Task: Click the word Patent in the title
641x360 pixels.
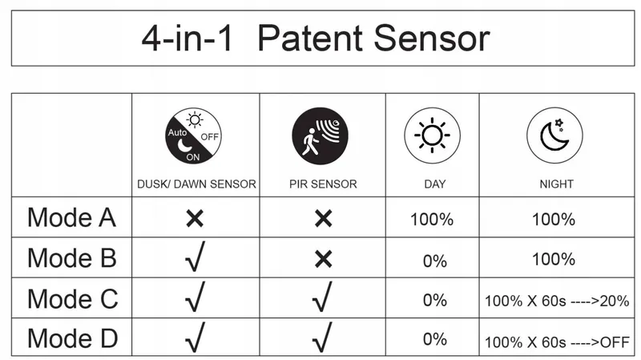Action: click(310, 38)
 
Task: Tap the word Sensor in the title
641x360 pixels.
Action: click(432, 38)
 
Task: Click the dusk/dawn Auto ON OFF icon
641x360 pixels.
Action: click(193, 136)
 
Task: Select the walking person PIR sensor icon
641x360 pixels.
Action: click(320, 136)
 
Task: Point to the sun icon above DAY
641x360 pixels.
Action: click(432, 136)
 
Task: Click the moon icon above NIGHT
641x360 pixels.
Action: click(554, 136)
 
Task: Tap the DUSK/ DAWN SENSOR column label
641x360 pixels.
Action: click(196, 184)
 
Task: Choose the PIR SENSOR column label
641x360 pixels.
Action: click(323, 184)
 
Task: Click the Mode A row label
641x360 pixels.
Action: click(72, 217)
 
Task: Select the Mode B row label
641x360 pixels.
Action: click(72, 258)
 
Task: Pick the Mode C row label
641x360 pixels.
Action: click(73, 298)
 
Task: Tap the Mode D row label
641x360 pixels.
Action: click(73, 338)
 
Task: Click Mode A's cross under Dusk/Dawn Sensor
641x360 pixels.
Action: click(195, 218)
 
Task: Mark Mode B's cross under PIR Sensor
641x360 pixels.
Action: click(324, 259)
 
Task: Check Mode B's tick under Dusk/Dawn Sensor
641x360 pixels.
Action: click(195, 257)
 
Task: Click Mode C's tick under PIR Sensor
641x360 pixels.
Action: click(322, 297)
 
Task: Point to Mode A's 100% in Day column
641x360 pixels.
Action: click(432, 220)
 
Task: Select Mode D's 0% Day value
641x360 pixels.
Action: click(434, 339)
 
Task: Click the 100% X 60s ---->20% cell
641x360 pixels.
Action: click(557, 301)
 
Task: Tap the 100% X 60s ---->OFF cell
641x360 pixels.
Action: click(557, 342)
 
